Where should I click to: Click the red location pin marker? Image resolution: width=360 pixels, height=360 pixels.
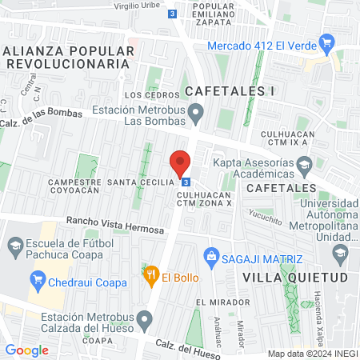pos(180,164)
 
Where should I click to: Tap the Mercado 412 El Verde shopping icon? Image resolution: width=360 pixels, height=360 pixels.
pos(326,42)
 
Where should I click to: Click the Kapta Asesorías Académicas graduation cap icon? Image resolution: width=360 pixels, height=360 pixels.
pos(305,167)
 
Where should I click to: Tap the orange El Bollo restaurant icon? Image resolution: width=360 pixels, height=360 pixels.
pos(150,277)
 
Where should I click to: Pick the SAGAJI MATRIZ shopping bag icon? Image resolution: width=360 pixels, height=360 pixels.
pos(212,258)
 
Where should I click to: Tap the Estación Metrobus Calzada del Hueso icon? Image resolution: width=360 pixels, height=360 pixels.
pos(144,322)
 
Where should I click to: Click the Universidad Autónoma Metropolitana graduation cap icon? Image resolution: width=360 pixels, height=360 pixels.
pos(340,254)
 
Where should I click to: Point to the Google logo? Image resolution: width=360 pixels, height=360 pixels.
pos(26,350)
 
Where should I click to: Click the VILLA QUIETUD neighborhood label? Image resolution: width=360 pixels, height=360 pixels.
pos(295,278)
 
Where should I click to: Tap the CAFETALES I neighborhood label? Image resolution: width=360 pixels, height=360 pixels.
pos(230,90)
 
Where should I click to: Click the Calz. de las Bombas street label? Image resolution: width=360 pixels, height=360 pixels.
pos(41,113)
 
